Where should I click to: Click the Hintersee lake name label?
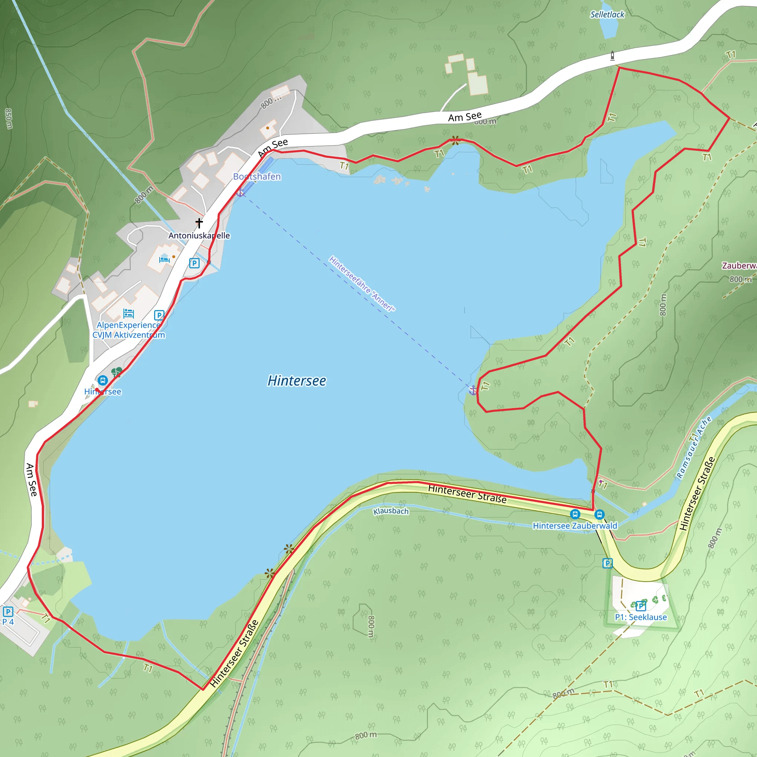coord(296,380)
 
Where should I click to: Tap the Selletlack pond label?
coord(607,14)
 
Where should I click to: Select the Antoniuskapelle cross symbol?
coord(199,223)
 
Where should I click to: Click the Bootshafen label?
coord(257,176)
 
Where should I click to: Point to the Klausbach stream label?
coord(391,511)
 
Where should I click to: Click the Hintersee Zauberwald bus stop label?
coord(574,526)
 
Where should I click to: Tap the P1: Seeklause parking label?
coord(641,617)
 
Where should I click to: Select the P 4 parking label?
coord(8,622)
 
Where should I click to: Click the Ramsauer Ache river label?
coord(694,448)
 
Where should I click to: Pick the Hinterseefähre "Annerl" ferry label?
coord(361,284)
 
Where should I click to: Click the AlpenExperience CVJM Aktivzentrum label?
coord(129,330)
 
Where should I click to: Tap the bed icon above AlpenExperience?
coord(128,313)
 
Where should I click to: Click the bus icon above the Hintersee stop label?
coord(103,380)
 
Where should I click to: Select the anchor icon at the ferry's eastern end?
coord(473,390)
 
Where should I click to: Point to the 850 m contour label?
coord(8,118)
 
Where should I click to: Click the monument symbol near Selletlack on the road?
coord(612,56)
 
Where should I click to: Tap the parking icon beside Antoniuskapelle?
coord(194,263)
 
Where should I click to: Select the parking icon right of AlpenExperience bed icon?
coord(159,315)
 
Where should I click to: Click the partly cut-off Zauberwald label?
coord(739,265)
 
